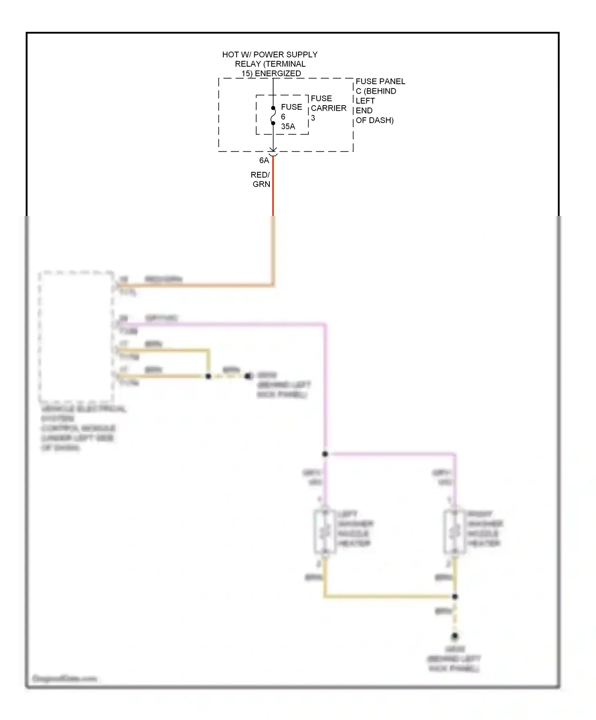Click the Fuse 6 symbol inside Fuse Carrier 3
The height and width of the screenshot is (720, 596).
coord(273,116)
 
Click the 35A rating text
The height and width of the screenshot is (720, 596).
coord(288,127)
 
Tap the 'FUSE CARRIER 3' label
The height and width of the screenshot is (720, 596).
coord(328,108)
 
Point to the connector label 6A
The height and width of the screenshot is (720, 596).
coord(264,160)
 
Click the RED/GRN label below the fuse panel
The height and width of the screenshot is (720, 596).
coord(261,179)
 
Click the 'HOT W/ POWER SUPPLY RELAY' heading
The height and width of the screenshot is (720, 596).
coord(270,64)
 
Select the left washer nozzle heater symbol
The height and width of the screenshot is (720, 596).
coord(325,531)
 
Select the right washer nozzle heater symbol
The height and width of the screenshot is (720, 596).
coord(454,531)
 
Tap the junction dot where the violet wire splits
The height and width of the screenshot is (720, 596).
coord(325,454)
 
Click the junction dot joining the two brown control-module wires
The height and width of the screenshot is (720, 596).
coord(208,376)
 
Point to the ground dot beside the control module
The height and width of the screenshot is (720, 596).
coord(248,376)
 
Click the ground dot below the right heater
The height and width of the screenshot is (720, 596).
coord(455,637)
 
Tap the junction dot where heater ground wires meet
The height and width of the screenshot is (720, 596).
coord(455,597)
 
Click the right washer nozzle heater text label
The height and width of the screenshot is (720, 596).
coord(484,528)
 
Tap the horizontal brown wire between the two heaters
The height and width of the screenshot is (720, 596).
coord(389,596)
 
